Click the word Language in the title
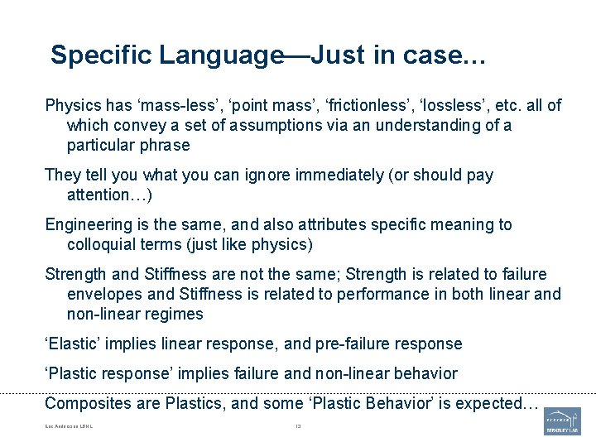(x=221, y=55)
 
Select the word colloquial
(x=105, y=244)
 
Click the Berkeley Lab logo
(x=562, y=421)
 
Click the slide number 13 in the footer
(x=298, y=427)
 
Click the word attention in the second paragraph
(x=101, y=195)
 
